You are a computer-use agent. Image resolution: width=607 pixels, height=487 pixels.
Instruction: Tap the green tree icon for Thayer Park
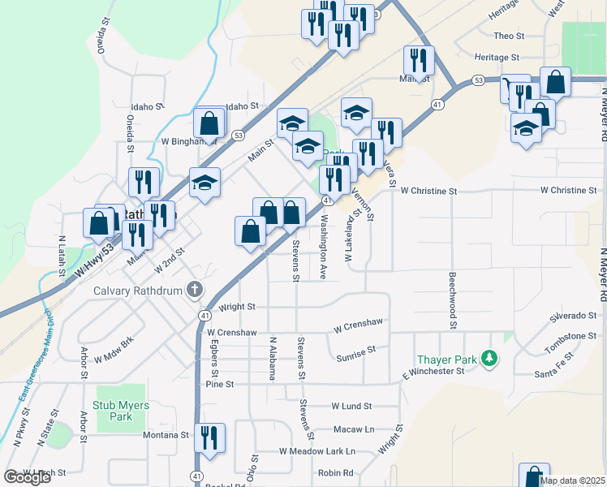489,358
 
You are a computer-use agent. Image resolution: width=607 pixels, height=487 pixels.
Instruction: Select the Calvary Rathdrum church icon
194,289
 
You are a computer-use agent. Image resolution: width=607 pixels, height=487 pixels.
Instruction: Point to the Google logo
27,477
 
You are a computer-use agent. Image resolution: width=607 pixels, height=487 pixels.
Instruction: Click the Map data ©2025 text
572,481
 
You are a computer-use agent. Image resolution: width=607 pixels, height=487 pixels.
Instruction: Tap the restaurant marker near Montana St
210,437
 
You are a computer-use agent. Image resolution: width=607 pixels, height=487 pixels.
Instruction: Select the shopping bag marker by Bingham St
209,124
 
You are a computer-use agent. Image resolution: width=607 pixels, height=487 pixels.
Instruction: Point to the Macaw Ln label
353,429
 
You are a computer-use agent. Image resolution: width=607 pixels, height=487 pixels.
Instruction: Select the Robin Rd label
336,472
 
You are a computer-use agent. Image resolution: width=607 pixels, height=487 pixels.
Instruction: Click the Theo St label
510,36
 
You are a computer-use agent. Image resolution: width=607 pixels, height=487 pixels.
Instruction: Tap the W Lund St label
351,406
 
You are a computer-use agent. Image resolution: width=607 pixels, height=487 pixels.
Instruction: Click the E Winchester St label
432,373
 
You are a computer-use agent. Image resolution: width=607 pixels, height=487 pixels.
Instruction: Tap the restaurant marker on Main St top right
418,60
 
